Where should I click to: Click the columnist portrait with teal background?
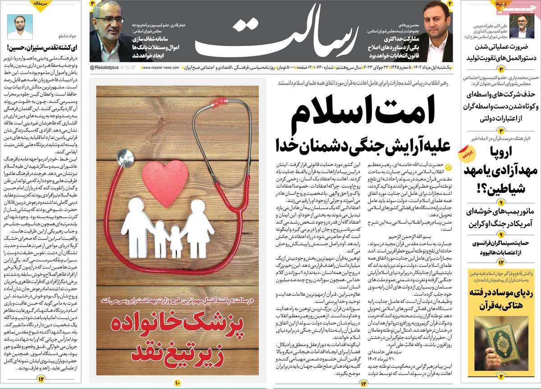point(20,27)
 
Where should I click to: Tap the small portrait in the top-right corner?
point(524,28)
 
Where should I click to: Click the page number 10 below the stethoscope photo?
point(177,383)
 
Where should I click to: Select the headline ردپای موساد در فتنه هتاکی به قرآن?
point(503,298)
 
